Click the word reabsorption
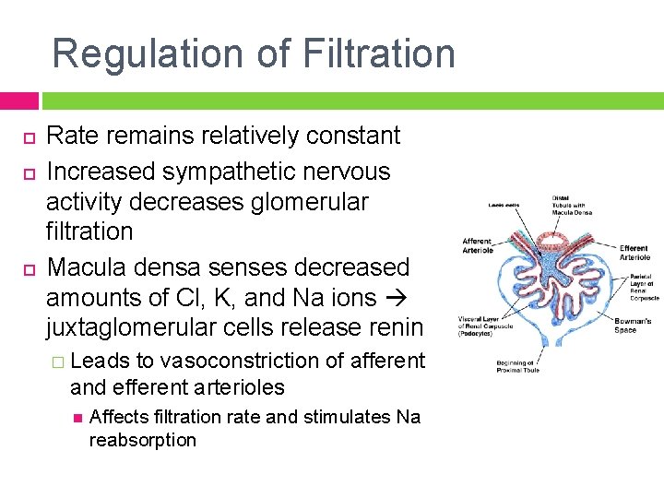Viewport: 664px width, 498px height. pos(143,440)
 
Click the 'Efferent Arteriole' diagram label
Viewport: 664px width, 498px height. pos(634,253)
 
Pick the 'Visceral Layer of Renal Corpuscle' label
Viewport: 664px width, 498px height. pos(479,324)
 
